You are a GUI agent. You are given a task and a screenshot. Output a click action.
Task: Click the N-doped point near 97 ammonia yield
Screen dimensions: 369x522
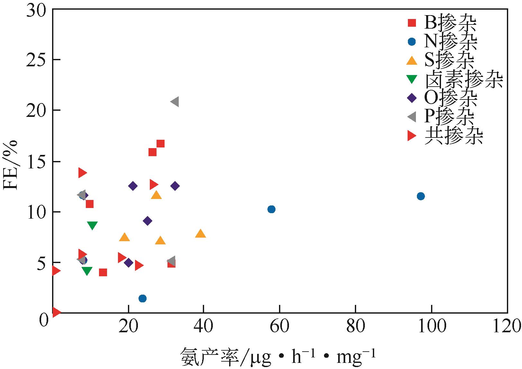(420, 196)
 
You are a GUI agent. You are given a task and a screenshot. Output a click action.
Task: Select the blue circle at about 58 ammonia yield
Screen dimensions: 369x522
(271, 209)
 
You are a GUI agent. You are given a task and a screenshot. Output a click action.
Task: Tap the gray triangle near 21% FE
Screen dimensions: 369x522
(175, 102)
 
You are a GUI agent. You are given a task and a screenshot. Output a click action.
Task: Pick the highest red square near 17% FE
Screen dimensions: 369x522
(160, 144)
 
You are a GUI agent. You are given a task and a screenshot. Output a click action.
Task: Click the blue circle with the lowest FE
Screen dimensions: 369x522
(142, 298)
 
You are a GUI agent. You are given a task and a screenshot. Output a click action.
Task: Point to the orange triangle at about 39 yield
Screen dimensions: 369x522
(201, 234)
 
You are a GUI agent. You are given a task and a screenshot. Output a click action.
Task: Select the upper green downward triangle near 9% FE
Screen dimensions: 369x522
(92, 225)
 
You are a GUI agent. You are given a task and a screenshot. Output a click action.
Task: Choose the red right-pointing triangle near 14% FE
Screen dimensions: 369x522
(82, 173)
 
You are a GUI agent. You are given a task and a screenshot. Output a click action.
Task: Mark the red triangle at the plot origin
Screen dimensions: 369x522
(56, 312)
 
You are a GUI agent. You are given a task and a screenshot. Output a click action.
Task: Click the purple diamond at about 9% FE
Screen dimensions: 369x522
(148, 221)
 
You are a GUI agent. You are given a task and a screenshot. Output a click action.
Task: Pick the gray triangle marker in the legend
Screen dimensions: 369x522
(411, 117)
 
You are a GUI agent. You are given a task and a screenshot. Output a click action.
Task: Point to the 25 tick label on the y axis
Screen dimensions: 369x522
(36, 60)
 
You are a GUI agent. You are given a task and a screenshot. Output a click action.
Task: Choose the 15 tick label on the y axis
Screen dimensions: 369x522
(36, 162)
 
